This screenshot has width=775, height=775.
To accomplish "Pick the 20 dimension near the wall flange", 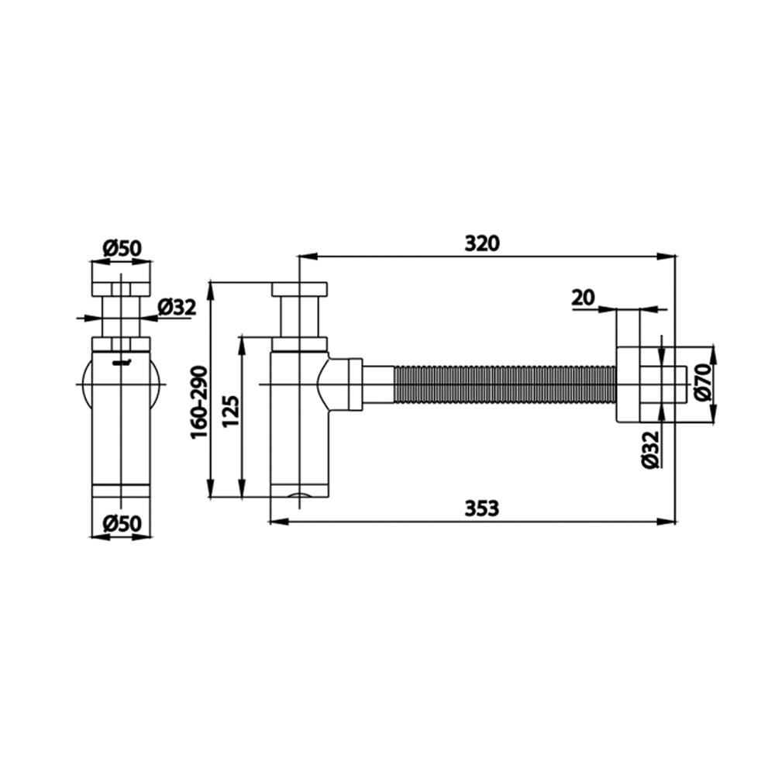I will (x=583, y=296).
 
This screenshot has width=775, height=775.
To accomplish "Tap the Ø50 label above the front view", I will (x=120, y=249).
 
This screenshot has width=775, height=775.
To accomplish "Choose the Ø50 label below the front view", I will (x=120, y=523).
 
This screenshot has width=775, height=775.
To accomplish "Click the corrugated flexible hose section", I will (x=504, y=385).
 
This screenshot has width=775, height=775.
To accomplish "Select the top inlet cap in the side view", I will (x=301, y=289).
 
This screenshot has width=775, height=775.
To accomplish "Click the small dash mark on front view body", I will (x=121, y=362).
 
